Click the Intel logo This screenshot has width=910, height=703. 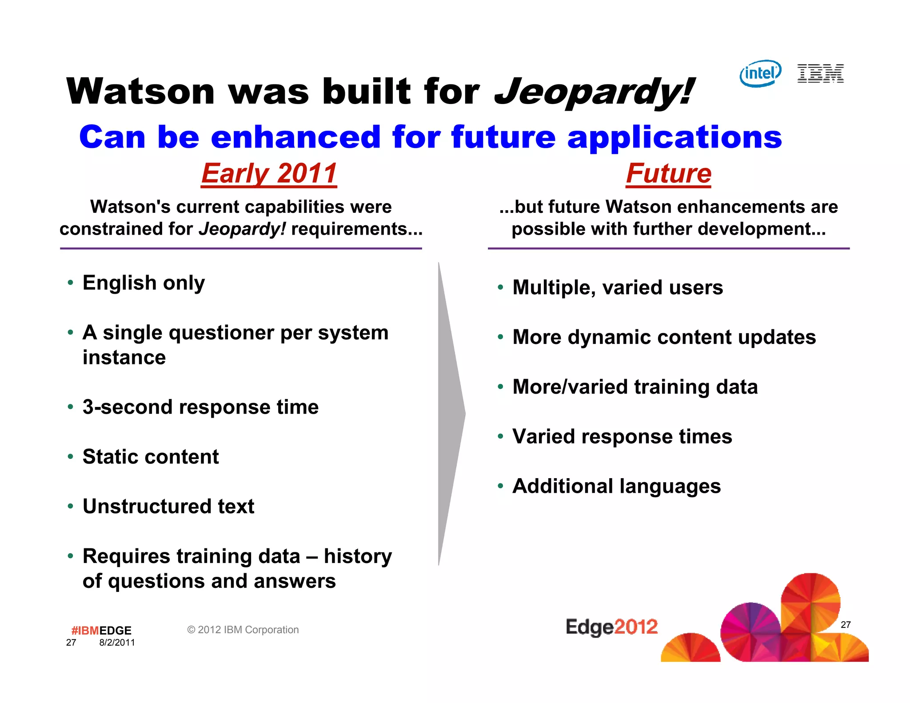(760, 73)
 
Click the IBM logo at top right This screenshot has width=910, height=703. (820, 73)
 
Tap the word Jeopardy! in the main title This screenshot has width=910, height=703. (593, 92)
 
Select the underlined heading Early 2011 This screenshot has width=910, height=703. (269, 173)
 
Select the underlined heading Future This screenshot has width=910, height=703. (668, 173)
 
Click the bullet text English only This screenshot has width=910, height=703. (144, 283)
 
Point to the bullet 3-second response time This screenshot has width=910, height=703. (200, 407)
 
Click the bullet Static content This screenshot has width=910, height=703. (151, 457)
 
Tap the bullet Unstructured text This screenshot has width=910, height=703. (168, 507)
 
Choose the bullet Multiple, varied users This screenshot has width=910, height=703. (618, 288)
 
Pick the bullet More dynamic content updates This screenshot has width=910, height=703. (664, 337)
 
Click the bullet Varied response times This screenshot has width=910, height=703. (622, 437)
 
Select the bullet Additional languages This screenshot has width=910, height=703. (616, 487)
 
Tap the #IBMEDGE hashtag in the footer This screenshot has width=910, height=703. (101, 631)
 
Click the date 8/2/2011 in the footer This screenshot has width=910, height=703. (117, 643)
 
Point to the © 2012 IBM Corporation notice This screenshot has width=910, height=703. (243, 630)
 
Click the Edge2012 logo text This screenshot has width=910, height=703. (611, 627)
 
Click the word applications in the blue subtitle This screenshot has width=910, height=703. (674, 137)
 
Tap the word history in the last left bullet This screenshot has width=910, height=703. (358, 556)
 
